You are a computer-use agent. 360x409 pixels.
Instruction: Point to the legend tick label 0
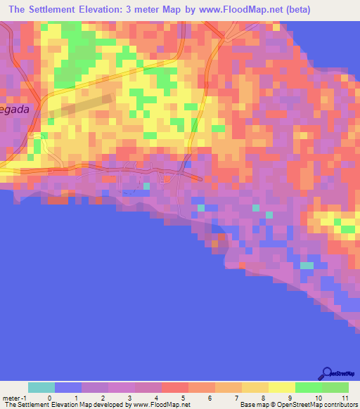pyautogui.click(x=49, y=397)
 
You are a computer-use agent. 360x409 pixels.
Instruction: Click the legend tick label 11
pyautogui.click(x=345, y=397)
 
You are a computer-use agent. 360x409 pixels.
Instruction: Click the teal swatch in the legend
pyautogui.click(x=41, y=387)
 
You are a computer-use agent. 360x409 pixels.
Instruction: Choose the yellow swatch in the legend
pyautogui.click(x=281, y=387)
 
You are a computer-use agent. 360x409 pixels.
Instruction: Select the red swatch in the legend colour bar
pyautogui.click(x=174, y=387)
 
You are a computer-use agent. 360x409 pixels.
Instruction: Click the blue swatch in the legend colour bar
pyautogui.click(x=68, y=387)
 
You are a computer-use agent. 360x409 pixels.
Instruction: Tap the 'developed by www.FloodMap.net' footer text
pyautogui.click(x=147, y=405)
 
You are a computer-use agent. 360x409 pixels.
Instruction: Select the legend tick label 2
pyautogui.click(x=103, y=397)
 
